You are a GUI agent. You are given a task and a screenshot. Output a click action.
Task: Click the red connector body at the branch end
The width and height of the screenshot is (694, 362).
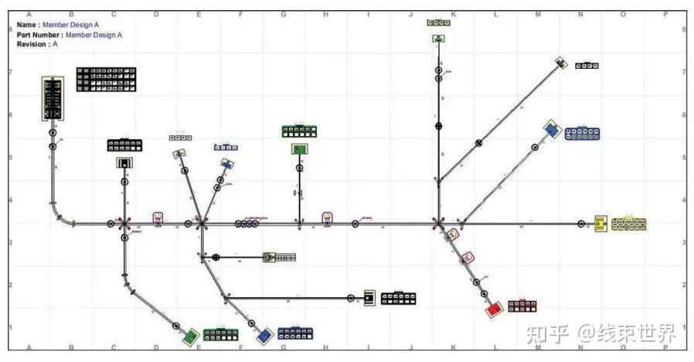click(x=493, y=309)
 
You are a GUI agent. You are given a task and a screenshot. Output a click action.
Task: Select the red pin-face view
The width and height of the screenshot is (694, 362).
click(x=522, y=306)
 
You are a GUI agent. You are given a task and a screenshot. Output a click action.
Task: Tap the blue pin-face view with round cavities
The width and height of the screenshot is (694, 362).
click(x=583, y=133)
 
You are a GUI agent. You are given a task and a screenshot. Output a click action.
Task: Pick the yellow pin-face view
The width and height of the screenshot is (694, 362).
click(x=628, y=224)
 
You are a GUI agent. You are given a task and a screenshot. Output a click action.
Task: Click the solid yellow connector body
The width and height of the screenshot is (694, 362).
click(x=600, y=224)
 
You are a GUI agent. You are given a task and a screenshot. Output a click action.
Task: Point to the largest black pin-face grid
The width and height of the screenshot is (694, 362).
click(x=106, y=80)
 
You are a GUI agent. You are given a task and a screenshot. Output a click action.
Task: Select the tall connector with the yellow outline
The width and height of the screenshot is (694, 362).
click(x=53, y=98)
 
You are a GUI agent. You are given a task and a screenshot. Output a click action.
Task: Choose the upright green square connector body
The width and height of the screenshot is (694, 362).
click(x=299, y=149)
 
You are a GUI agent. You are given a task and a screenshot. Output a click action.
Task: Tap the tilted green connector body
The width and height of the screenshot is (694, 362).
click(x=190, y=336)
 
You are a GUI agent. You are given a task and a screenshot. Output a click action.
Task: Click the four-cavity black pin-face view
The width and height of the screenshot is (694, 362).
click(x=587, y=66)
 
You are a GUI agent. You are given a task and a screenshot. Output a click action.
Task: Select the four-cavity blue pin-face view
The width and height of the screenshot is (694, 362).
click(x=226, y=147)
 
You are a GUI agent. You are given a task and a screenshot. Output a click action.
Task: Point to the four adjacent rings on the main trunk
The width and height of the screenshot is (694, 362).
click(x=247, y=224)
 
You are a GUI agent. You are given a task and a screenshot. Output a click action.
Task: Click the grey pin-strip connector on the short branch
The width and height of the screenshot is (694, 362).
click(x=280, y=257)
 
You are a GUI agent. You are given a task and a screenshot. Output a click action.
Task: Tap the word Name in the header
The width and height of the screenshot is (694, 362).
click(x=26, y=25)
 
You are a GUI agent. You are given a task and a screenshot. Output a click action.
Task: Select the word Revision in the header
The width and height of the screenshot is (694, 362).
click(x=32, y=44)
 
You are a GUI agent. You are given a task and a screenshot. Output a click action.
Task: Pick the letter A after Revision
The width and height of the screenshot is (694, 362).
click(x=55, y=44)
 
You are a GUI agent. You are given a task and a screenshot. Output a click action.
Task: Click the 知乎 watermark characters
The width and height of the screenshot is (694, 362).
click(x=547, y=333)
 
